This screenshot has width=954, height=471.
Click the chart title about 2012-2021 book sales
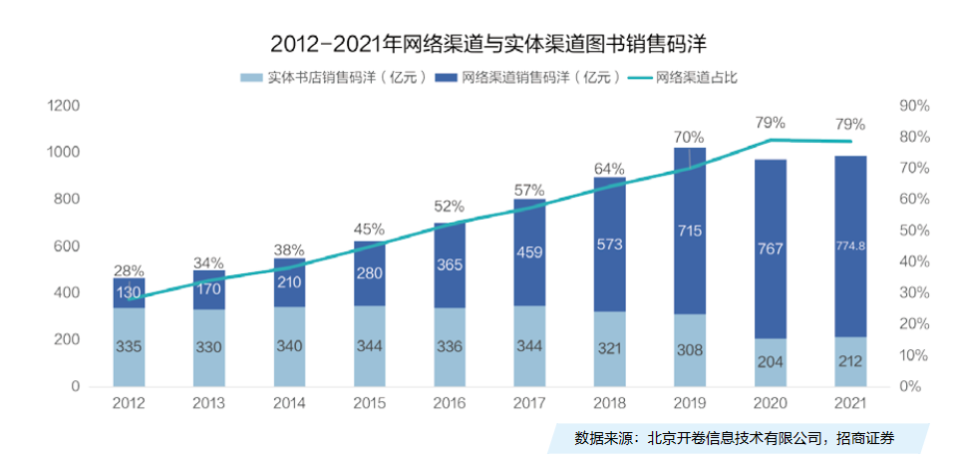click(477, 45)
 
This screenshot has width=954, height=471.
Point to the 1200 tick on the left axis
click(64, 106)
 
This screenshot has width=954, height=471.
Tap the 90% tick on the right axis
click(914, 106)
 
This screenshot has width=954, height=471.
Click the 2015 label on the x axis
click(369, 402)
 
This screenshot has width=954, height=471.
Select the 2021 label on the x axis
click(850, 402)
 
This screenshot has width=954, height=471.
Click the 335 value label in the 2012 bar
click(129, 347)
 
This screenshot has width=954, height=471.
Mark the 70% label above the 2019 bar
click(690, 137)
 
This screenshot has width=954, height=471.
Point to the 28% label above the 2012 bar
click(129, 270)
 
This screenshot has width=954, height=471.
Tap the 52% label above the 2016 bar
click(449, 207)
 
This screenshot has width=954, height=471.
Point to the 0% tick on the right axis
click(911, 386)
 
